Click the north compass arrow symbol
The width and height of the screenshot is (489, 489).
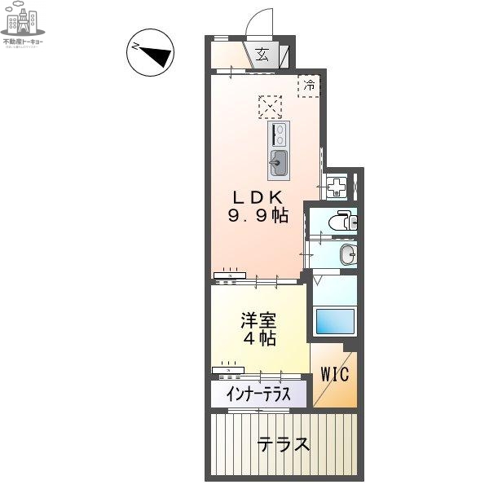(150, 55)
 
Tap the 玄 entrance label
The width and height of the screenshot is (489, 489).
(263, 55)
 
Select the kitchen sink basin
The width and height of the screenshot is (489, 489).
(278, 163)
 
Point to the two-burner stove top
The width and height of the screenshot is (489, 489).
(279, 132)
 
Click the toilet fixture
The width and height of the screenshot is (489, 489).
(342, 220)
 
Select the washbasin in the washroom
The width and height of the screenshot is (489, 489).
(346, 254)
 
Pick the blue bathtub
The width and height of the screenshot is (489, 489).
(334, 323)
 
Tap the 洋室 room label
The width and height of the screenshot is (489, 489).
(256, 319)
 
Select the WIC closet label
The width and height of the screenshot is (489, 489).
(334, 376)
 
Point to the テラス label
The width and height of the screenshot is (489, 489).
(284, 445)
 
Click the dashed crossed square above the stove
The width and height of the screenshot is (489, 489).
(270, 107)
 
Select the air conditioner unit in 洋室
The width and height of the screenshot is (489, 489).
(228, 369)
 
